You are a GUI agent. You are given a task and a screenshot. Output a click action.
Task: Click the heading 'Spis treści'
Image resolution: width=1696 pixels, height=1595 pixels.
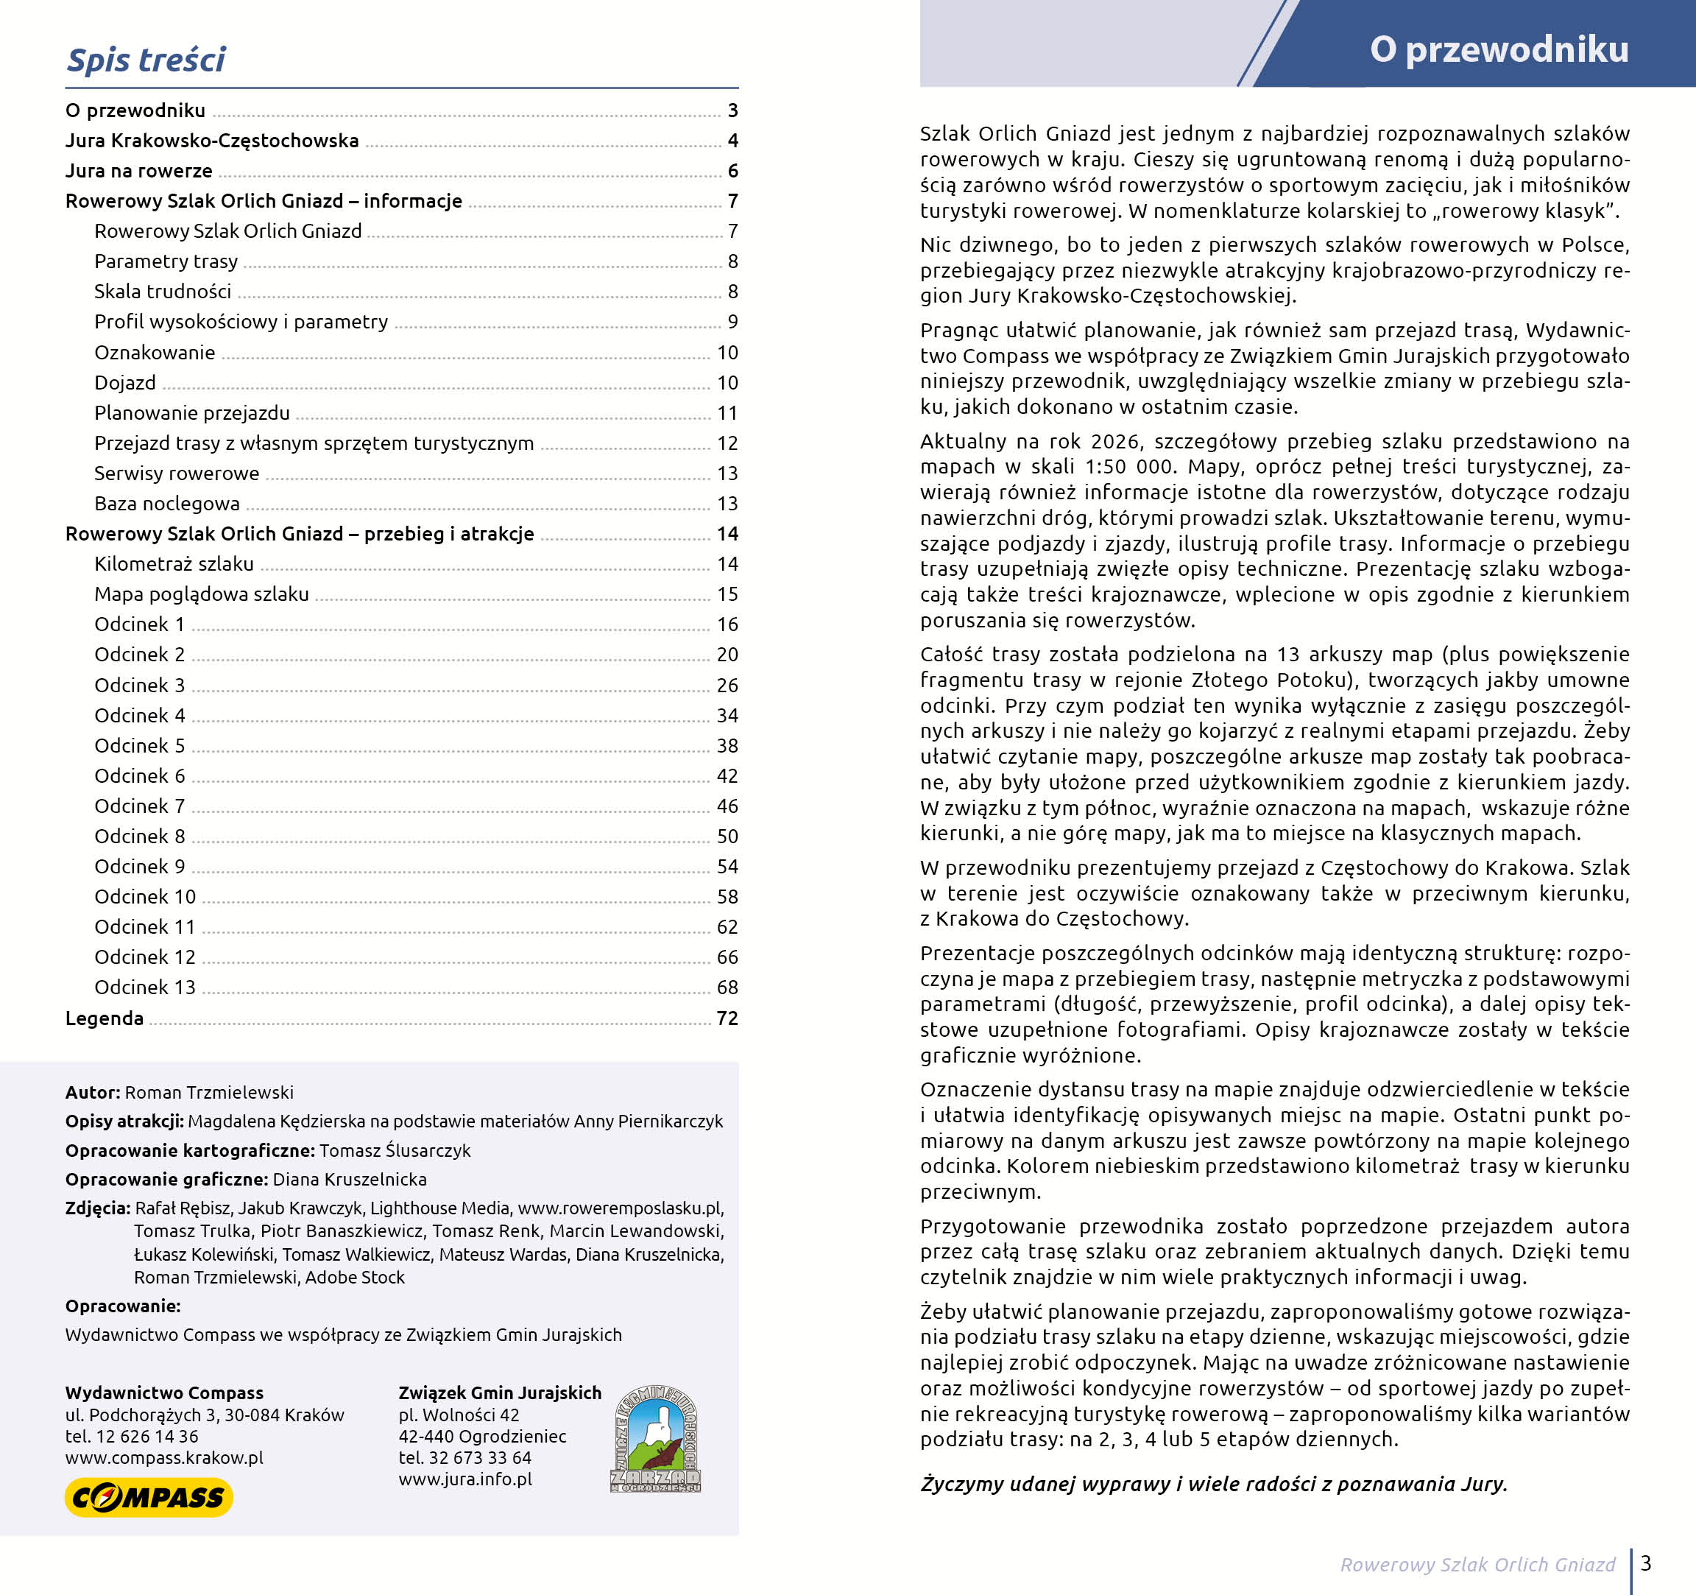pos(145,60)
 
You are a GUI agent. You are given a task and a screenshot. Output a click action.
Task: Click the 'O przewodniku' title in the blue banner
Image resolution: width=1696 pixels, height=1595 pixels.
pos(1498,49)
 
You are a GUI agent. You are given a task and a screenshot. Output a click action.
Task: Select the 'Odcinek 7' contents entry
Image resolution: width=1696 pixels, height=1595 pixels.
pos(139,806)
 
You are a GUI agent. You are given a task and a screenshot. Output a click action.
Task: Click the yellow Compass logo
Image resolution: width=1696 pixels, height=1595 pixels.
pos(149,1497)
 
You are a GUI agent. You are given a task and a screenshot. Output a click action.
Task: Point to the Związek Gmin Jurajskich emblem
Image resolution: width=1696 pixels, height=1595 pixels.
pos(655,1438)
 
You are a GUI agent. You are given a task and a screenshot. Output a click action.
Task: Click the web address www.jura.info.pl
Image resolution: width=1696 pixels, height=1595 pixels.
pos(465,1479)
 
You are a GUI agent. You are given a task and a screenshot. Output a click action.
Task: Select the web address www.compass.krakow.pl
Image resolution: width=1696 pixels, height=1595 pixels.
pos(164,1457)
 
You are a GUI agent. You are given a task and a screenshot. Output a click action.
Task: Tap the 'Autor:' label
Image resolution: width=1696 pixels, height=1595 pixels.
pos(92,1092)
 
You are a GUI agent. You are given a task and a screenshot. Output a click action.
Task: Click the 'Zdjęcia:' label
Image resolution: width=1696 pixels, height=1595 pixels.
pos(97,1208)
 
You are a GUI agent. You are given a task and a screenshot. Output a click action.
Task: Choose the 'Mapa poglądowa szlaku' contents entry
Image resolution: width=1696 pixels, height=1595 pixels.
pos(202,594)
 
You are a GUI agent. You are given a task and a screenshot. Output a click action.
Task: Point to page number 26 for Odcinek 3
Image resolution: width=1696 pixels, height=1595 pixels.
pos(727,686)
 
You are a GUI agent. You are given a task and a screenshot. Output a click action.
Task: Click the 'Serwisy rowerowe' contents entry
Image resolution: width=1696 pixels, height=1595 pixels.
pos(177,473)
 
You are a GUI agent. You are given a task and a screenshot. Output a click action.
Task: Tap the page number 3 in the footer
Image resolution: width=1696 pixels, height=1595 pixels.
pos(1646,1563)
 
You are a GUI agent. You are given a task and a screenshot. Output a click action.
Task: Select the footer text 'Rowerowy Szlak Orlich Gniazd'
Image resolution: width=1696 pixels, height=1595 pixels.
pos(1477,1564)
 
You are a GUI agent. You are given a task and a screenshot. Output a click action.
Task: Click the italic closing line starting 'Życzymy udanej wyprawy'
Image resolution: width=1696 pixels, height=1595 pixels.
pos(1213,1484)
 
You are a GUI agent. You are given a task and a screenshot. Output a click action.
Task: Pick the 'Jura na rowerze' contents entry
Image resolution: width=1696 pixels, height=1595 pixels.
pos(138,171)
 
